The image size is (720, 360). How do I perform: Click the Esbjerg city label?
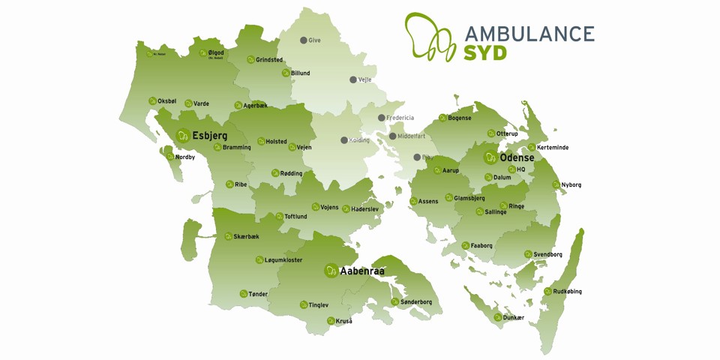pos(209,136)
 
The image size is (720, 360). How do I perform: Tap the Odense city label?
pos(517,157)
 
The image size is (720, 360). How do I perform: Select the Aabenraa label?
pos(362,271)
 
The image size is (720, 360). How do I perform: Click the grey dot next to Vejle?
pos(352,79)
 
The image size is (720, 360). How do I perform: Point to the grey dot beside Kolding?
pos(343,140)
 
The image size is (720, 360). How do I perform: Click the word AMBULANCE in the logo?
pos(529,34)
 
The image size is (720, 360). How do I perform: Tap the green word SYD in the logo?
pos(485,53)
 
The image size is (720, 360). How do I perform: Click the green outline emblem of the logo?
pos(430,37)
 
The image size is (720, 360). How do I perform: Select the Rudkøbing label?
pos(568,292)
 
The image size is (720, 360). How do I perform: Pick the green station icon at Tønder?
pos(244,294)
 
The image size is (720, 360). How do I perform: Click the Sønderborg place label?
pos(416,302)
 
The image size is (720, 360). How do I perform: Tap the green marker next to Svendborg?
pos(527,254)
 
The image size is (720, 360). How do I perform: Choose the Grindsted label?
pos(269,60)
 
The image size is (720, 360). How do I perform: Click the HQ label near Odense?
pos(520,169)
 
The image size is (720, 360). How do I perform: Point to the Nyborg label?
pos(571,184)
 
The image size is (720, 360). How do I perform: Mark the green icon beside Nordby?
pos(169,157)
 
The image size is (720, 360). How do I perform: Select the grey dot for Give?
pos(303,40)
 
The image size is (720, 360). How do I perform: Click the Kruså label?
pos(343,321)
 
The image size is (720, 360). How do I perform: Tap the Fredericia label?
pos(400,118)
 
